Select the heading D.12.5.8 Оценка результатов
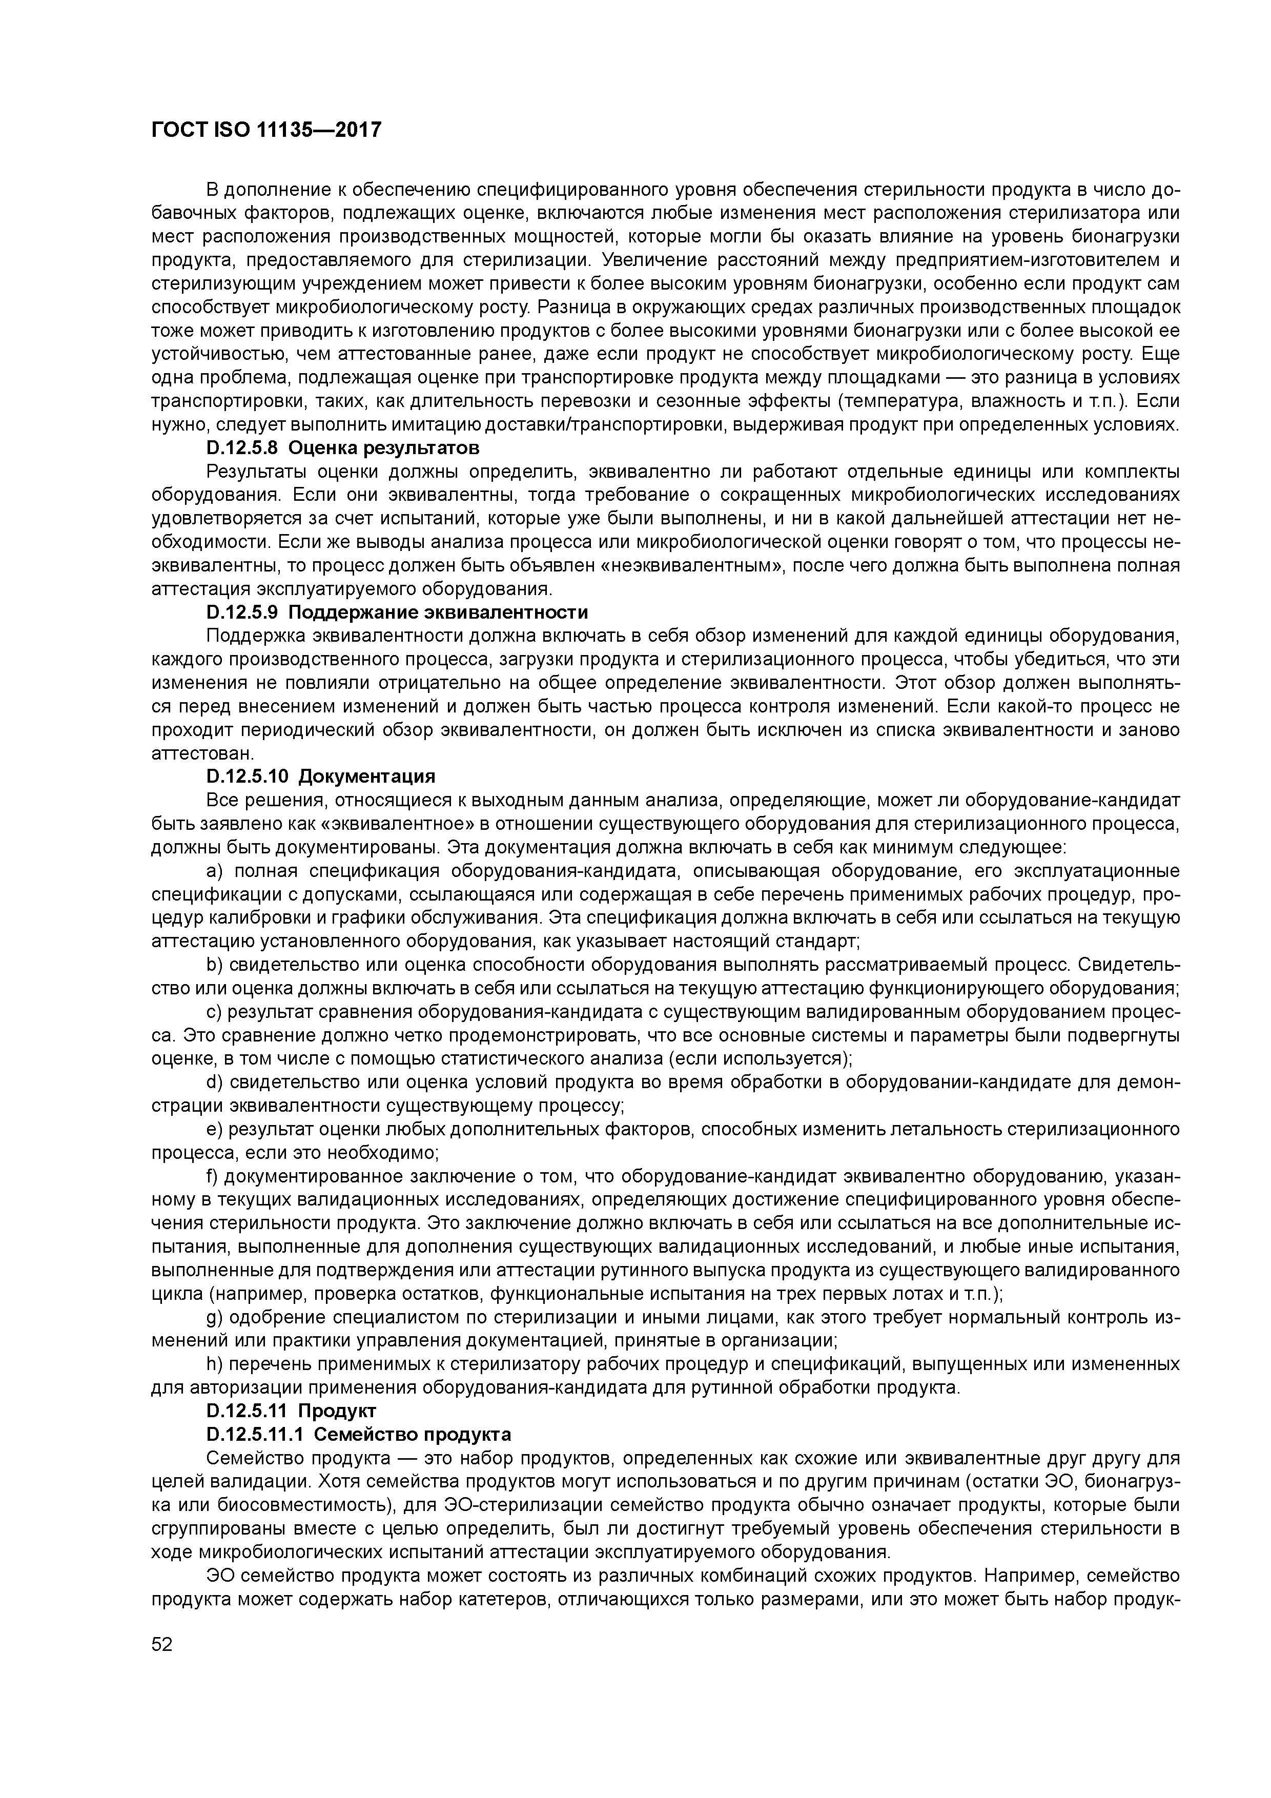[x=342, y=448]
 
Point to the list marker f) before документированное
[x=212, y=1176]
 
